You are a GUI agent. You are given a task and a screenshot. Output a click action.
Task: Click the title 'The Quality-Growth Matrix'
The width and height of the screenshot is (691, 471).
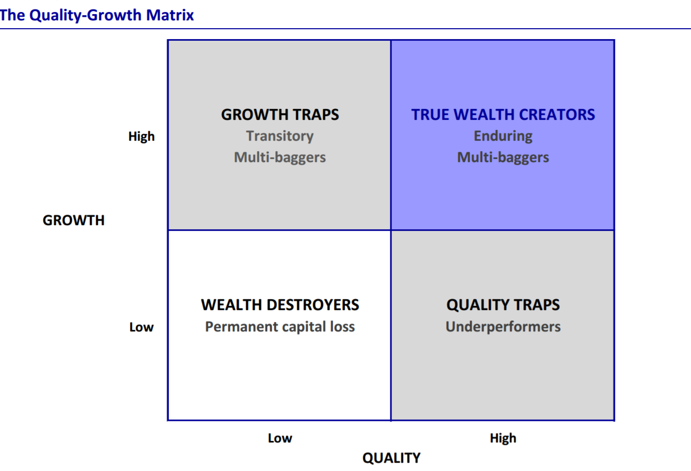[x=97, y=15]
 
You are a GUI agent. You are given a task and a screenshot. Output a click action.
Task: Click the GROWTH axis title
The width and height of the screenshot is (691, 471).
[x=73, y=220]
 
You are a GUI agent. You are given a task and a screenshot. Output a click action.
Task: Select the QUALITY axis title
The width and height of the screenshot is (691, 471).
[x=391, y=458]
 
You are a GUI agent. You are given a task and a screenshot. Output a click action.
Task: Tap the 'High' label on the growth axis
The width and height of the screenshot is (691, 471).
[x=141, y=137]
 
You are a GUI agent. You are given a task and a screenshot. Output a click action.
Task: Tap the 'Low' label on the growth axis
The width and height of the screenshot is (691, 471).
[x=141, y=327]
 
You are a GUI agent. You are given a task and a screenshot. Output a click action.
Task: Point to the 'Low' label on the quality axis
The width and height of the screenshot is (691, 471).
[x=280, y=438]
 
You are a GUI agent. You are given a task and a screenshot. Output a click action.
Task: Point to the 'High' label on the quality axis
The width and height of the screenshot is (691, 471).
[x=503, y=438]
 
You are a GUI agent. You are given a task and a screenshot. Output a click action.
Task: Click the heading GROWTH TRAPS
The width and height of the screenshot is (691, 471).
[x=280, y=115]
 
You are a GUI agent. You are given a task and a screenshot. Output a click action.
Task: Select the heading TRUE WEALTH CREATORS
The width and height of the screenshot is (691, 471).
[x=503, y=115]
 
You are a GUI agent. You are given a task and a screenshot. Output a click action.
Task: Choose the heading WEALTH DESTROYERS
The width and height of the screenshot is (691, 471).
[x=280, y=305]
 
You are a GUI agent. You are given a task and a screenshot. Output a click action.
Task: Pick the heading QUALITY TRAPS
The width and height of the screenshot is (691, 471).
[x=503, y=305]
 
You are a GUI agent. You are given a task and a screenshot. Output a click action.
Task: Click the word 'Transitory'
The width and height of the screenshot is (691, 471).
[x=280, y=136]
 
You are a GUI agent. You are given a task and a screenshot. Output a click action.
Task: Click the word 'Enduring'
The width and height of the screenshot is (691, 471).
[x=503, y=136]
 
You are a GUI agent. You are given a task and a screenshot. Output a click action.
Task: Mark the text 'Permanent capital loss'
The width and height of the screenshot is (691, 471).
[x=280, y=327]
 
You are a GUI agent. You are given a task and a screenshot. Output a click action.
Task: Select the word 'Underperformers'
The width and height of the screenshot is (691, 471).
[x=503, y=327]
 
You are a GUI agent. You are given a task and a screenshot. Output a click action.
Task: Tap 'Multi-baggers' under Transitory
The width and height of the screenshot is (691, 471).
[x=280, y=157]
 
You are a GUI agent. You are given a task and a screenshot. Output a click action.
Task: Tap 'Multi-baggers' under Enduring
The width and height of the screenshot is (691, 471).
[x=503, y=157]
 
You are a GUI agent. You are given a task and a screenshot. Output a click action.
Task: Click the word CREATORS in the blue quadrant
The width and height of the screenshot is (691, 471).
[x=557, y=115]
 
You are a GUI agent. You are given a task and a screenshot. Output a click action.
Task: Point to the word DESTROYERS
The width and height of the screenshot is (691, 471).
[x=313, y=305]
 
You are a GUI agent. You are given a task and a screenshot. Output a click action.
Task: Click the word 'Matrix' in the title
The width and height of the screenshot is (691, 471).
[x=170, y=15]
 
